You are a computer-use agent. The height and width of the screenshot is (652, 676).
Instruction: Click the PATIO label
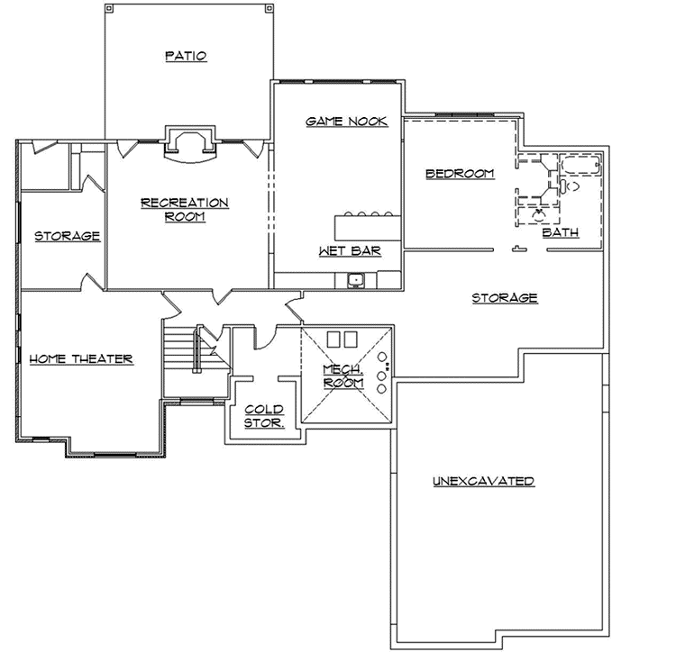pos(186,56)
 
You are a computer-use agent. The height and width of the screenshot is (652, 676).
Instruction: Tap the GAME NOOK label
pos(347,121)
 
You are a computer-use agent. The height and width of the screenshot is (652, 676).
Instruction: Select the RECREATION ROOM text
pos(185,209)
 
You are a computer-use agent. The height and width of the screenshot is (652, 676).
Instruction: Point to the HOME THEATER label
pos(81,358)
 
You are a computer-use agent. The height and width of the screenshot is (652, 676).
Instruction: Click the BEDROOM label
pos(460,173)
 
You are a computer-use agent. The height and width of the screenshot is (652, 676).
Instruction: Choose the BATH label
pos(560,232)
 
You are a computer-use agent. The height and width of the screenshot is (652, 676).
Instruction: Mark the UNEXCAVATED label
pos(483,481)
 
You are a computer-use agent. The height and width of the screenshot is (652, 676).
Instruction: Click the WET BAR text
pos(349,251)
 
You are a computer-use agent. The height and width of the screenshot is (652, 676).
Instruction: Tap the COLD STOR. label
pos(265,414)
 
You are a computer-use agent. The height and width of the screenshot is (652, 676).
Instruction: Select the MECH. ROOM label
pos(343,376)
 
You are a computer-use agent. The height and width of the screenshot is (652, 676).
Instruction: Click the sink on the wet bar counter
pos(358,279)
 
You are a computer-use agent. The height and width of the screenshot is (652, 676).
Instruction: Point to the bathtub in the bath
pos(580,166)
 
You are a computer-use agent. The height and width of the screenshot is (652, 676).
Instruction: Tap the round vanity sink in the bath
pos(540,214)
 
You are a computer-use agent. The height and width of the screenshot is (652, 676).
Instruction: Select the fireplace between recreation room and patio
pos(188,144)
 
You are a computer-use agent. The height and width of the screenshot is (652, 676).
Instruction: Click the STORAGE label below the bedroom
pos(505,297)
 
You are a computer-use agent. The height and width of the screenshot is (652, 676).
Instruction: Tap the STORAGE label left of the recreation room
pos(67,236)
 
